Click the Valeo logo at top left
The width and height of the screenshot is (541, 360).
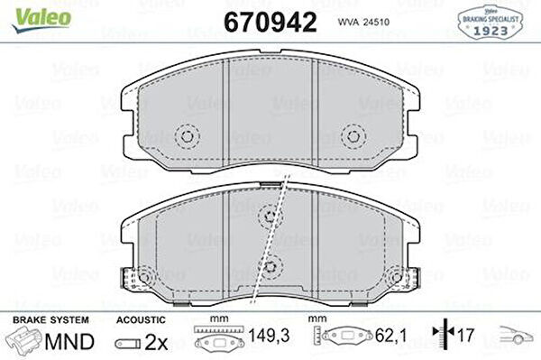pyautogui.click(x=41, y=20)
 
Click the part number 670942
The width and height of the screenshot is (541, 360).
pyautogui.click(x=270, y=22)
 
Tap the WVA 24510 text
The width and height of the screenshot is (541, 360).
pyautogui.click(x=363, y=22)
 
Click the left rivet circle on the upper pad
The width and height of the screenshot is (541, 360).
pyautogui.click(x=187, y=136)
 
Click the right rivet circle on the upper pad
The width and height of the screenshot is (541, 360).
pyautogui.click(x=353, y=136)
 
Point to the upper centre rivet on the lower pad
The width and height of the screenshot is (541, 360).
pyautogui.click(x=270, y=216)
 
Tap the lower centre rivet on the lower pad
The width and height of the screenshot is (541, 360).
pyautogui.click(x=270, y=266)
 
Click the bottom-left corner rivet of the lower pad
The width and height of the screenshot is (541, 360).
pyautogui.click(x=144, y=276)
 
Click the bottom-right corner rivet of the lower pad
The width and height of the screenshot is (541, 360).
pyautogui.click(x=397, y=276)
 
